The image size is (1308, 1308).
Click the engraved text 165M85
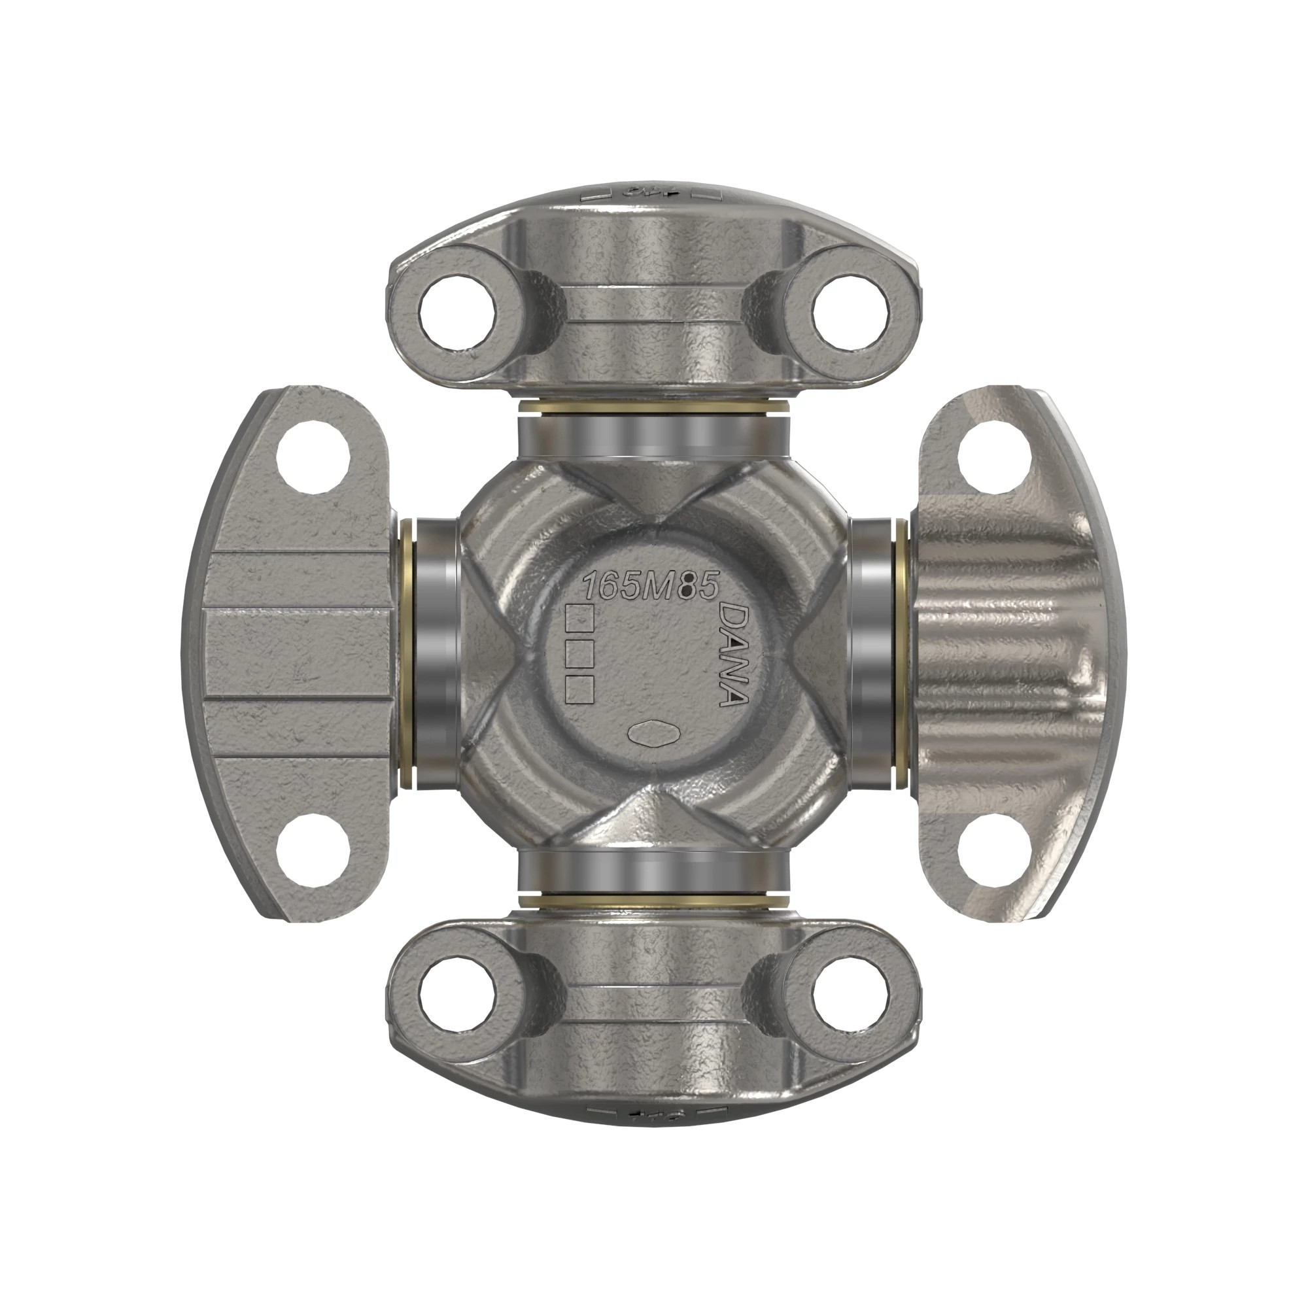pyautogui.click(x=650, y=585)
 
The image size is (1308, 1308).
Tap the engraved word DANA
pyautogui.click(x=732, y=655)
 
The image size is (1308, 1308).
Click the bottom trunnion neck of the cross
pyautogui.click(x=653, y=873)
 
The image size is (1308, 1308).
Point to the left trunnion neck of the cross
pyautogui.click(x=432, y=653)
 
